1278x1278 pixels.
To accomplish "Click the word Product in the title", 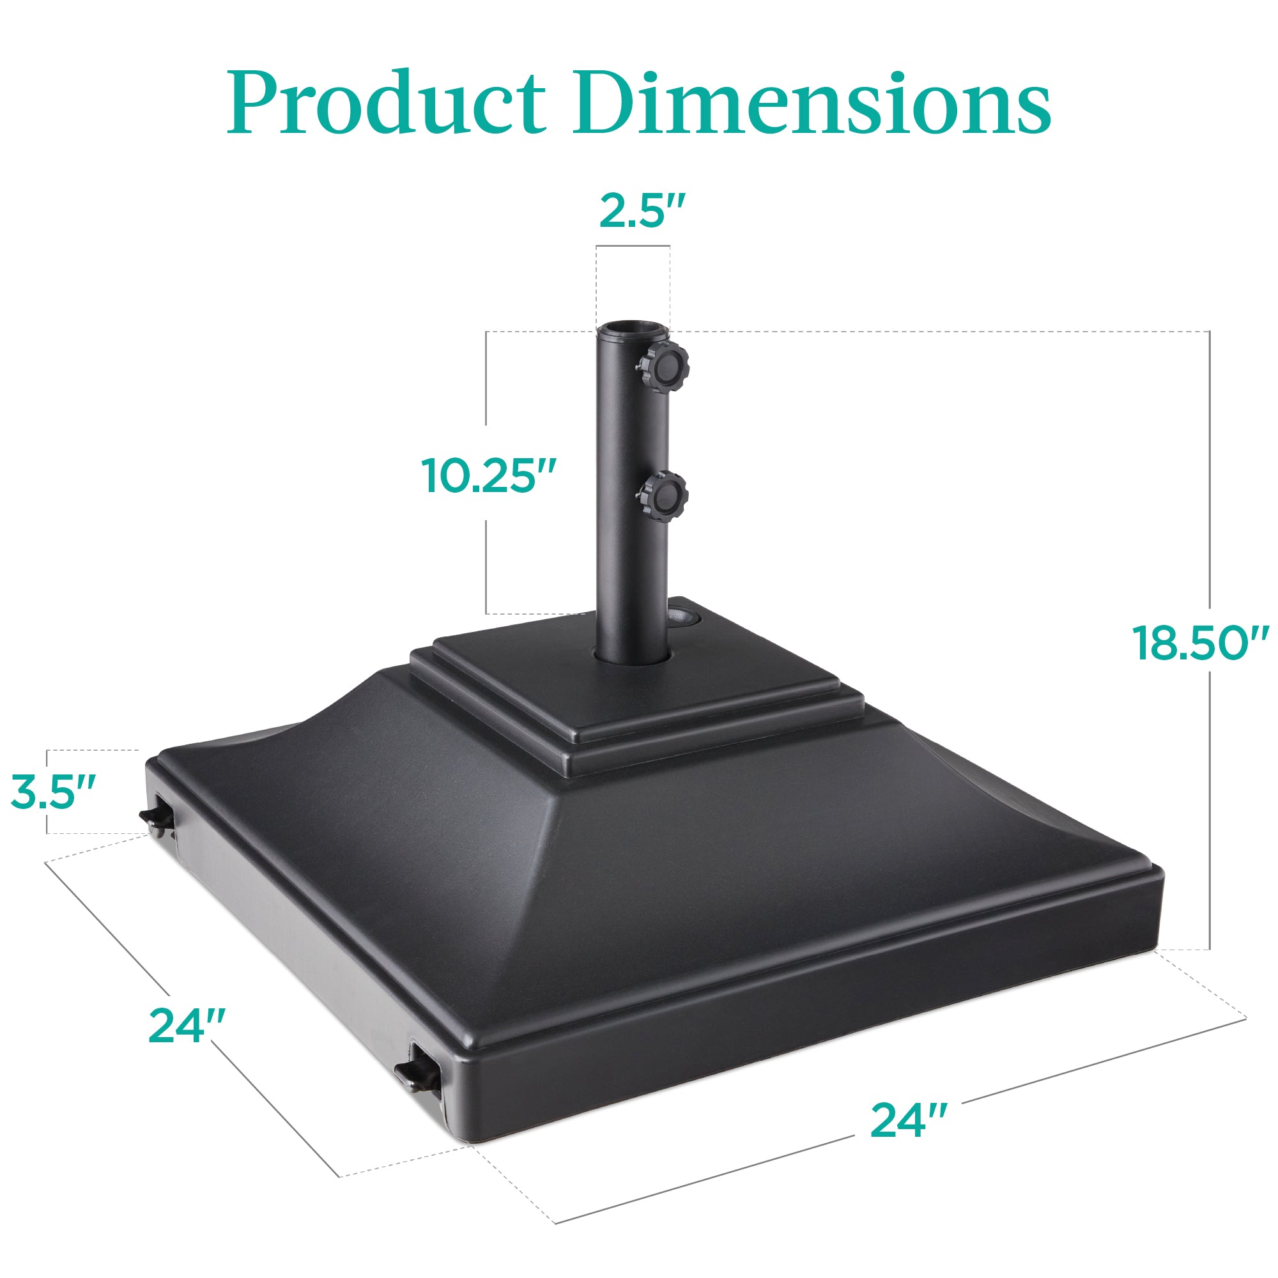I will point(387,102).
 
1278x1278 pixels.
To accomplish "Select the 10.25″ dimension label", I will point(489,475).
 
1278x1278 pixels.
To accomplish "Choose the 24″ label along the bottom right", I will point(909,1120).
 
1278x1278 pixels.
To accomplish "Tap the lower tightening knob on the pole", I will point(663,497).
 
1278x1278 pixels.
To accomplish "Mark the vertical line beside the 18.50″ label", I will point(1210,794).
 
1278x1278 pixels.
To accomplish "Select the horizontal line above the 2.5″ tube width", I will point(633,247).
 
